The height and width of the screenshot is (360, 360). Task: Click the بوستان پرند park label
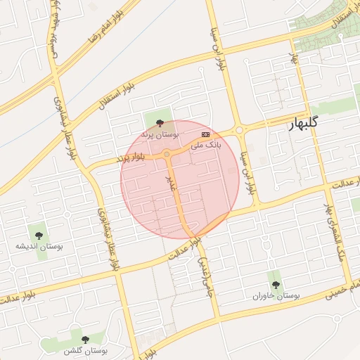click(160, 133)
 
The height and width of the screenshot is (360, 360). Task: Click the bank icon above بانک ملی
click(205, 133)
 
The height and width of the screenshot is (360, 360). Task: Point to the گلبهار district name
click(313, 124)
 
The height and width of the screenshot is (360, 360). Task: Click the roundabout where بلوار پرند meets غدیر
click(167, 154)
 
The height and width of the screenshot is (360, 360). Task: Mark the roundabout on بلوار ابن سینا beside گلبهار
click(239, 129)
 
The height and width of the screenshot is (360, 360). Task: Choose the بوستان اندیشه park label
click(39, 246)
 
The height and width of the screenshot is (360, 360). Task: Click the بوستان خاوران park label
click(276, 296)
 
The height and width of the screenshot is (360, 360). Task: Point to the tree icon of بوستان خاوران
click(276, 285)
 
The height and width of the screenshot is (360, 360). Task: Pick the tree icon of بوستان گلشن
click(85, 340)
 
